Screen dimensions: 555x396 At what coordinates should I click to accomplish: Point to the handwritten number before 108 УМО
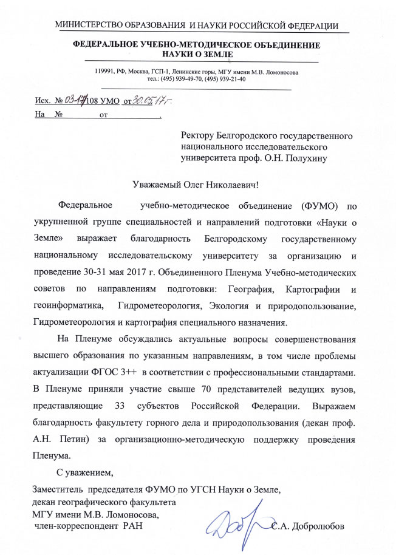pos(75,100)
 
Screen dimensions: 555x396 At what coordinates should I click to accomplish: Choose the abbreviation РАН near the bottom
pos(132,525)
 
